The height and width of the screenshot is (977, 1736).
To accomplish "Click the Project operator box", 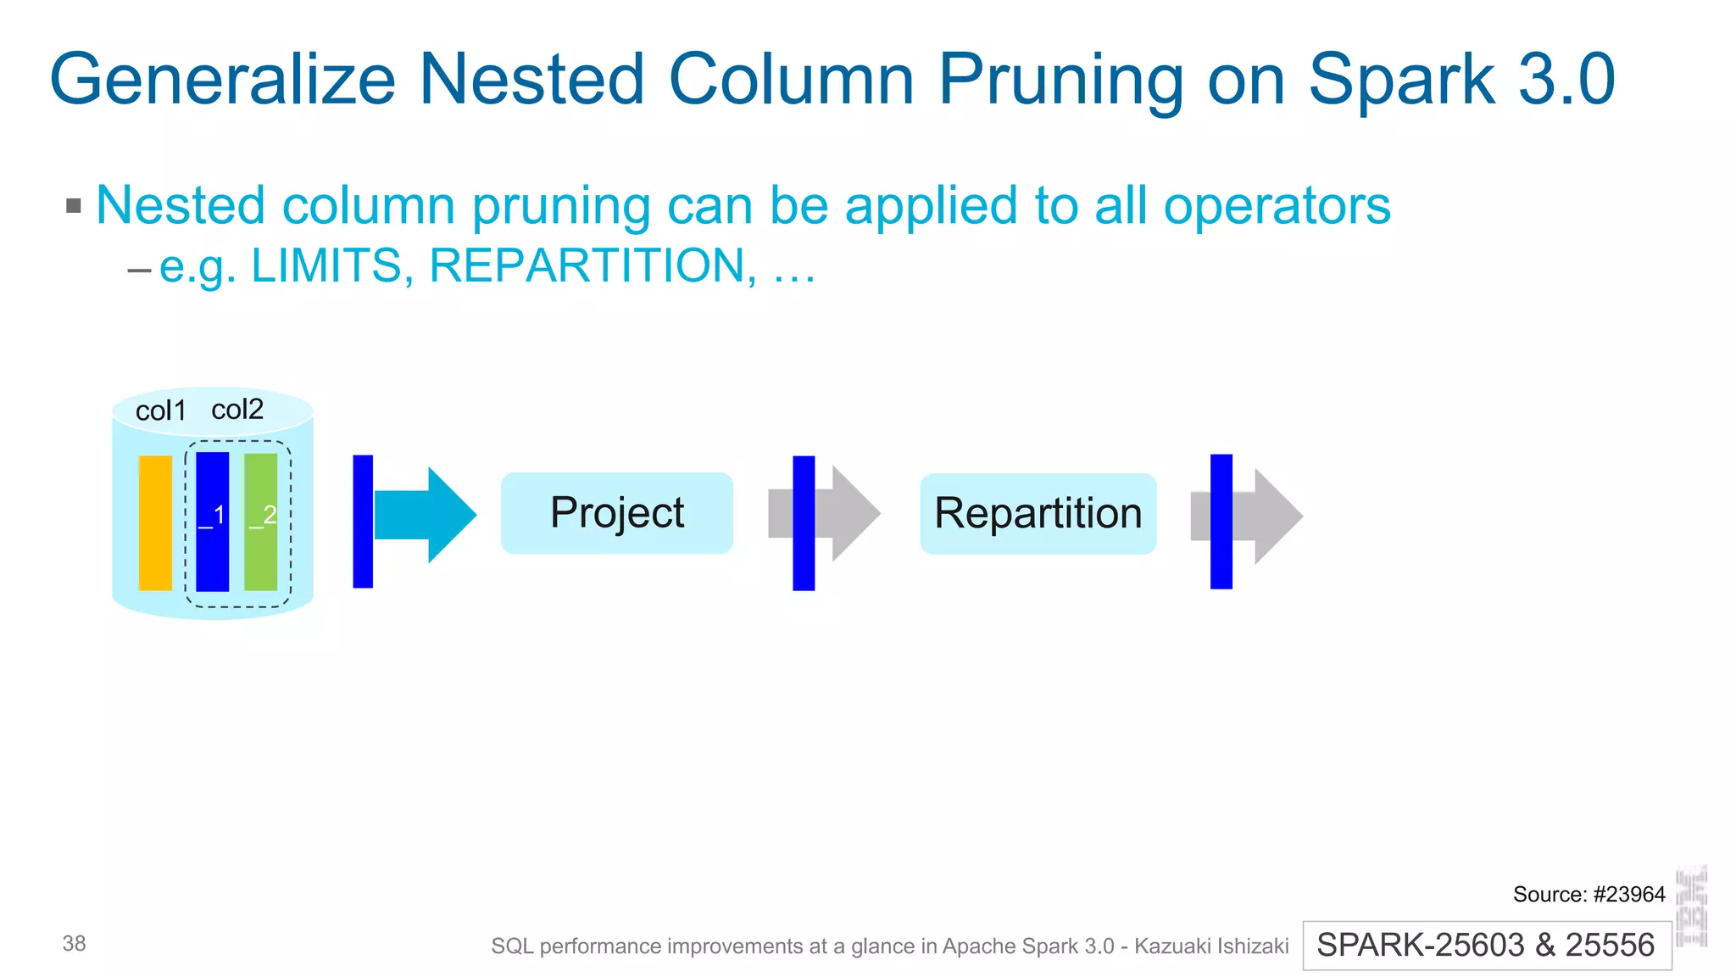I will click(x=616, y=513).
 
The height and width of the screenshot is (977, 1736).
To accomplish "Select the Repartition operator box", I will click(x=1038, y=513).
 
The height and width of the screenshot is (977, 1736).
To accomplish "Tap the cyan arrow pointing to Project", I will click(x=428, y=515).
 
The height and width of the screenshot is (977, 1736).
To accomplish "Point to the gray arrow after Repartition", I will click(x=1267, y=516).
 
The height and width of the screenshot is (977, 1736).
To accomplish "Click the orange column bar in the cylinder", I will click(x=155, y=522).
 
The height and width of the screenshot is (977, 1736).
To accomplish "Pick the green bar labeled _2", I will click(x=261, y=522).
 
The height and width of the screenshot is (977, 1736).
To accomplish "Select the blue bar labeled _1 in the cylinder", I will click(x=212, y=522).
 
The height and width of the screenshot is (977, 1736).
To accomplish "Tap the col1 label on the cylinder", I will click(x=160, y=411).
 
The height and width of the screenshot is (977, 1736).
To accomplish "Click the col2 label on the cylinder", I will click(x=237, y=410).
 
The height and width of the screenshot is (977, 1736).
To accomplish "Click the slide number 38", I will click(x=74, y=943).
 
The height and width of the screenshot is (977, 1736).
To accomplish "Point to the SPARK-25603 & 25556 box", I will click(x=1486, y=945).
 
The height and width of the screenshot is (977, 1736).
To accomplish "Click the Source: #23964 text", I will click(x=1588, y=894).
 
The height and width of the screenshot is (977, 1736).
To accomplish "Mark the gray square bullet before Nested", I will click(x=74, y=205).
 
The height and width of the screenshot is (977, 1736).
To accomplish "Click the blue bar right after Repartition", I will click(x=1221, y=522).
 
